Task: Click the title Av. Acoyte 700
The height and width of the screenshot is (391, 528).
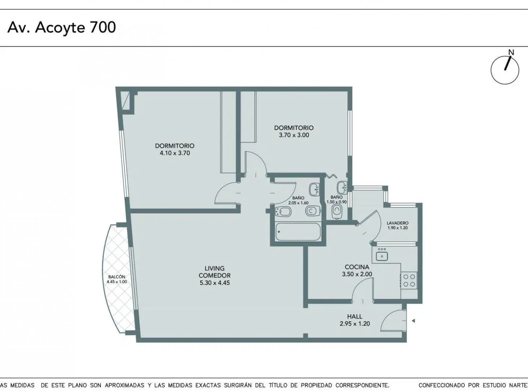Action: (62, 28)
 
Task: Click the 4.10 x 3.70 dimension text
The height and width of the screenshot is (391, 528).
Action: (175, 153)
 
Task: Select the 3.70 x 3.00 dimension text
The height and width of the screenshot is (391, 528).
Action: (294, 135)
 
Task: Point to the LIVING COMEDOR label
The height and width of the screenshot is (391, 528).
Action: (214, 272)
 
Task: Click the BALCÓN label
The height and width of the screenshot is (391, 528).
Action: (117, 277)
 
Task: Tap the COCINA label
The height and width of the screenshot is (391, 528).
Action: (357, 267)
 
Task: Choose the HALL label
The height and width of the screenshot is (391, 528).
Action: (355, 316)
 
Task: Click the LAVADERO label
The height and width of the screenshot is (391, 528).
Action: (398, 223)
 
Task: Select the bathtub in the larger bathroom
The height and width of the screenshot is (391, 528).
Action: (298, 232)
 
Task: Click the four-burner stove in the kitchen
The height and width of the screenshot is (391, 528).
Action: (409, 280)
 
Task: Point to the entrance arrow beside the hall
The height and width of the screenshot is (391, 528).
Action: (413, 321)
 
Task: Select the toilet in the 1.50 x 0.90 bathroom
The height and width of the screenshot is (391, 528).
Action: (336, 211)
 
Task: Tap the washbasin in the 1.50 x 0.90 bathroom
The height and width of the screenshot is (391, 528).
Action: (342, 188)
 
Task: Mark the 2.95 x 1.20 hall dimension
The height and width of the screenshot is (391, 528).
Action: (355, 324)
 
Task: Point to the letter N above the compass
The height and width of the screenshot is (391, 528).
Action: (511, 52)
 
